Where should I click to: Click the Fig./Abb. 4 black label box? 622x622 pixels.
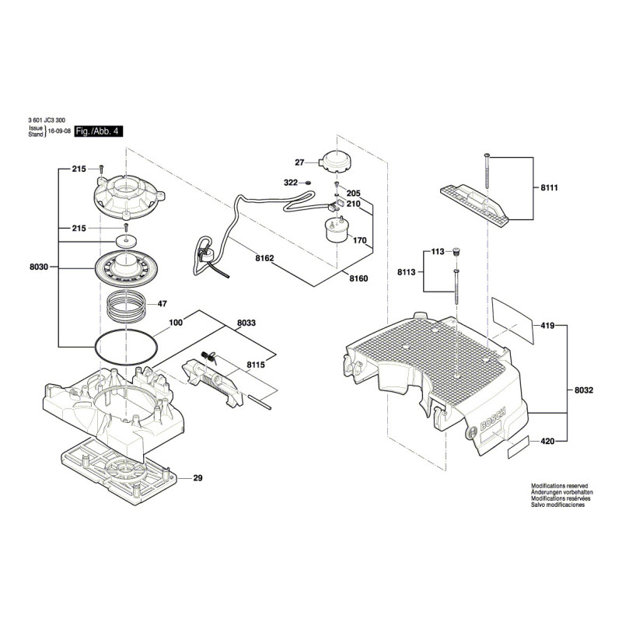[x=99, y=131]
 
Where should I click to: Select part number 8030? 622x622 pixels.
[x=39, y=267]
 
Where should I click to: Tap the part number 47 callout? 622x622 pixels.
[x=162, y=304]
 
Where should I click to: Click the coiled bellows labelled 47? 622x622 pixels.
[x=127, y=306]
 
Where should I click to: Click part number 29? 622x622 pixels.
[x=198, y=478]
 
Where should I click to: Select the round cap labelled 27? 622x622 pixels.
[x=337, y=162]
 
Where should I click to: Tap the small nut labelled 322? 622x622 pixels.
[x=307, y=183]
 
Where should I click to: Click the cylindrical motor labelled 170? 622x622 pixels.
[x=337, y=230]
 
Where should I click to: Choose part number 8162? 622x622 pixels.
[x=264, y=258]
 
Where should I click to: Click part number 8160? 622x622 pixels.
[x=358, y=278]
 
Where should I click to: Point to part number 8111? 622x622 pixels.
[x=550, y=187]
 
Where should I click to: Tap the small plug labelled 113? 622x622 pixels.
[x=456, y=251]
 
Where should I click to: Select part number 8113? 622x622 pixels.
[x=406, y=272]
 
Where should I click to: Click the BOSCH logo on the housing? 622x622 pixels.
[x=493, y=419]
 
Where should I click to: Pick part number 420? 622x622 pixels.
[x=548, y=441]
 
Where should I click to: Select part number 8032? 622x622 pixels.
[x=584, y=390]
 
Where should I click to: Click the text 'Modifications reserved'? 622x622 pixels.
[x=559, y=486]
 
